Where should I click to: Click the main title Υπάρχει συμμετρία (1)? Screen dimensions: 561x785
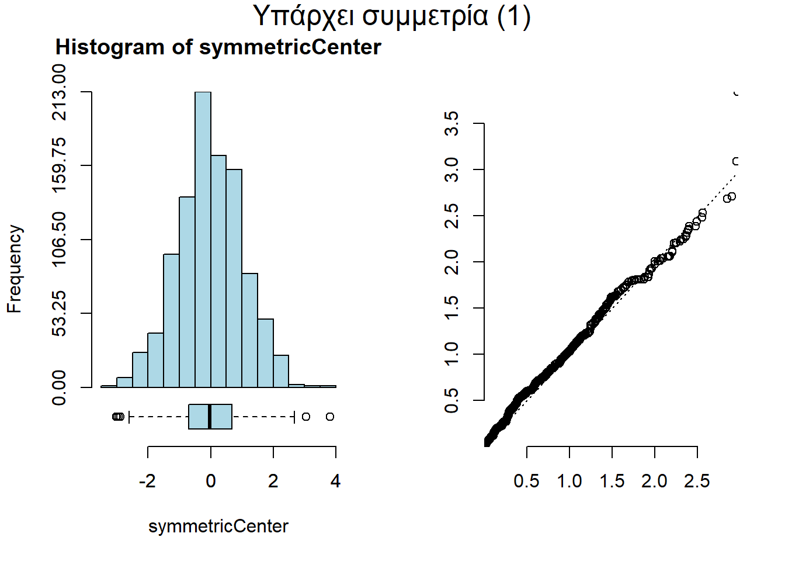tap(392, 16)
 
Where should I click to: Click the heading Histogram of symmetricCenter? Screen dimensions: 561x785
tap(218, 47)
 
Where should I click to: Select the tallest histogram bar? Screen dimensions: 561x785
tap(203, 240)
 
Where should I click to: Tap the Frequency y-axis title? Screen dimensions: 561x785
tap(14, 269)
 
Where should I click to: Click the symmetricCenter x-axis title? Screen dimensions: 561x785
tap(218, 527)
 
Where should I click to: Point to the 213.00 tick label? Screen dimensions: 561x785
tap(59, 92)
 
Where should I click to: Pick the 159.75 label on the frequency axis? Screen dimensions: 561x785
tap(59, 165)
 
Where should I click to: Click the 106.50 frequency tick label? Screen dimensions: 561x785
tap(59, 239)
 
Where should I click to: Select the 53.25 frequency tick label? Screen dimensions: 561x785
tap(59, 313)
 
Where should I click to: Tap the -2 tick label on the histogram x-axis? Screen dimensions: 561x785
tap(147, 482)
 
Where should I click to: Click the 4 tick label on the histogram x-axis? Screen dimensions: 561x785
tap(335, 482)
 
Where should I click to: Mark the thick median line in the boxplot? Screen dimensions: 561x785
tap(210, 417)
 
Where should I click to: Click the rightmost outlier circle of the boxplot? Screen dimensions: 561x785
tap(330, 417)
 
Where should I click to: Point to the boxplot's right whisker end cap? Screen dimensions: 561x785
tap(293, 417)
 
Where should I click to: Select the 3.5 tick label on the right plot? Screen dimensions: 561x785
tap(451, 124)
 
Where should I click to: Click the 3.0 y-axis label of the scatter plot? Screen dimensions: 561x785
tap(451, 169)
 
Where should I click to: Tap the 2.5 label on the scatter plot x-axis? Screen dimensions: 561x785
tap(697, 482)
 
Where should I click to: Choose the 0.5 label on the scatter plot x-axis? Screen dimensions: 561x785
tap(526, 482)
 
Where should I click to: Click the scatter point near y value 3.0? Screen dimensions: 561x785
tap(737, 161)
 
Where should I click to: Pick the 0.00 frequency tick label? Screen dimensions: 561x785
tap(59, 387)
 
